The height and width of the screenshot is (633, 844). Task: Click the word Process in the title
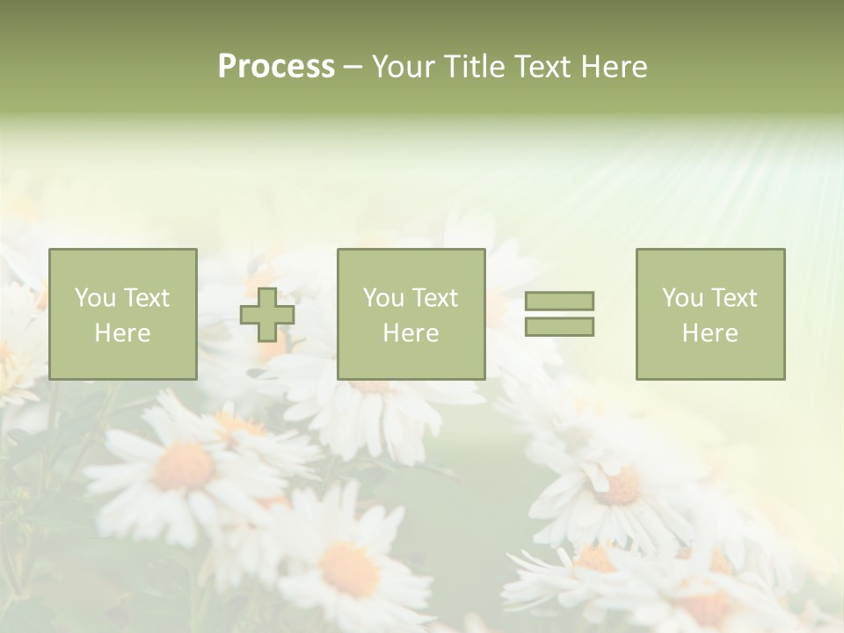click(x=276, y=67)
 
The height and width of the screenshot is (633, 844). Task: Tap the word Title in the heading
click(x=474, y=67)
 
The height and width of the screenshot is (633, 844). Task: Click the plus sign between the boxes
click(x=267, y=315)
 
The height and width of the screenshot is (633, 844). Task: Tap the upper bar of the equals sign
click(x=559, y=301)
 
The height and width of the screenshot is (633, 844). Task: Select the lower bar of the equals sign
click(x=559, y=326)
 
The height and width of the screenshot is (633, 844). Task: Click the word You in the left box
click(x=95, y=298)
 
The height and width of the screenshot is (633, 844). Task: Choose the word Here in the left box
click(x=122, y=333)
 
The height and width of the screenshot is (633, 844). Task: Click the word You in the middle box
click(x=383, y=298)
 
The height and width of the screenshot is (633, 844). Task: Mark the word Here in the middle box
click(x=411, y=333)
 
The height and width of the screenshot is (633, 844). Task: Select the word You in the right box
click(x=682, y=298)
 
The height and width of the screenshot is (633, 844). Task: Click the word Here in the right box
click(x=709, y=333)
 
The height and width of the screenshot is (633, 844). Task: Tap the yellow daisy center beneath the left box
click(x=184, y=466)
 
